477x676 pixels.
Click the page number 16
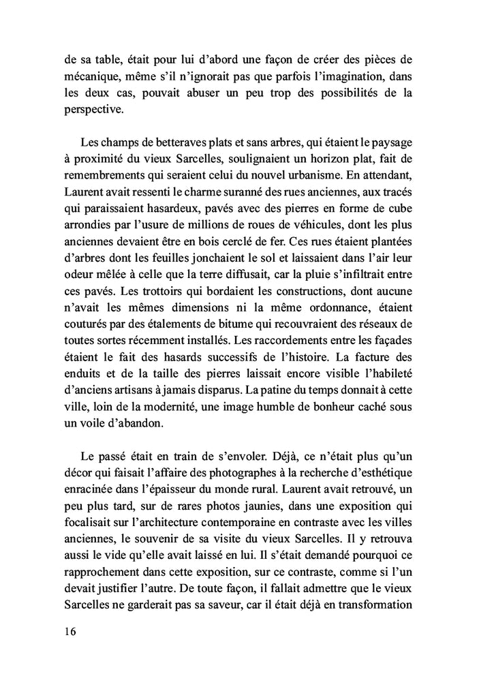click(x=67, y=631)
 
